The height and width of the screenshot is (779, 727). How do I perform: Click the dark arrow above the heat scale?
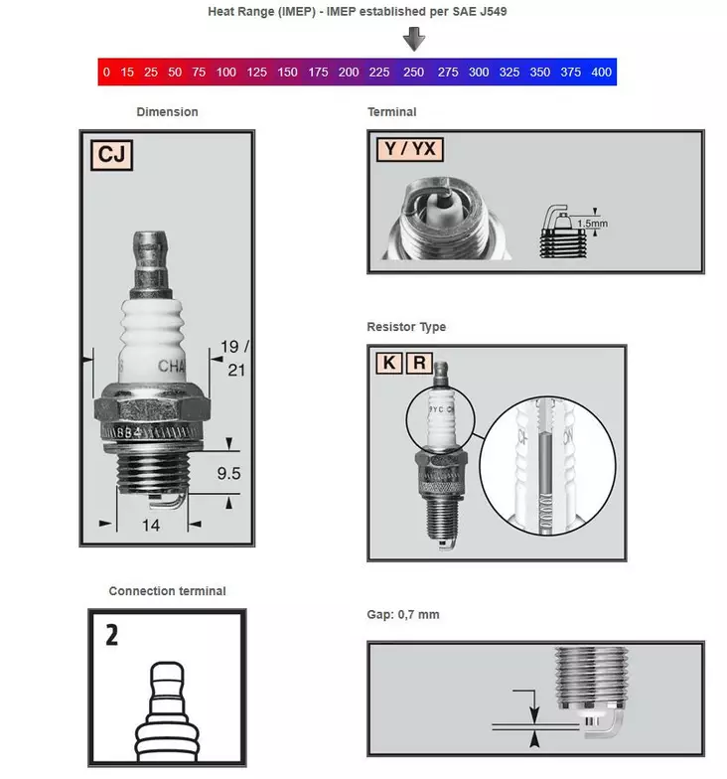[x=414, y=39]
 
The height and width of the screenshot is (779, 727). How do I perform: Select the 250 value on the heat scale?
[x=413, y=73]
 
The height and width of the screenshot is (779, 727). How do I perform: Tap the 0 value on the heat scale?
[x=105, y=73]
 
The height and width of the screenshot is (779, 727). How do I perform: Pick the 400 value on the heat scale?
[x=600, y=73]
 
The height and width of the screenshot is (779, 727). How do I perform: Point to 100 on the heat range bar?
[x=226, y=73]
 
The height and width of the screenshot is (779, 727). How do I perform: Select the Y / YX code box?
[x=410, y=150]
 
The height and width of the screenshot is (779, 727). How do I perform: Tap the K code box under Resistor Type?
[x=388, y=363]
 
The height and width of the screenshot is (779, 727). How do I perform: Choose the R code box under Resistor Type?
[x=419, y=363]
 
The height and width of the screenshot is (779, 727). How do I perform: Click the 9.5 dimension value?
[x=228, y=474]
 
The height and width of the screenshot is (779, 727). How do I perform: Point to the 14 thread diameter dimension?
[x=150, y=525]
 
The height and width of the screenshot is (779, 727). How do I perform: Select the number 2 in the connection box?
[x=111, y=635]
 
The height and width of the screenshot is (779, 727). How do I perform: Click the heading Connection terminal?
[x=167, y=591]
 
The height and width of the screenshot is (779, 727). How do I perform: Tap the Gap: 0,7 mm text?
[x=403, y=615]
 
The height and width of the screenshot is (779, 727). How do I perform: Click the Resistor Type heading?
[x=406, y=327]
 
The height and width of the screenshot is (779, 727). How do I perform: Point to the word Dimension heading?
[x=167, y=112]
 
